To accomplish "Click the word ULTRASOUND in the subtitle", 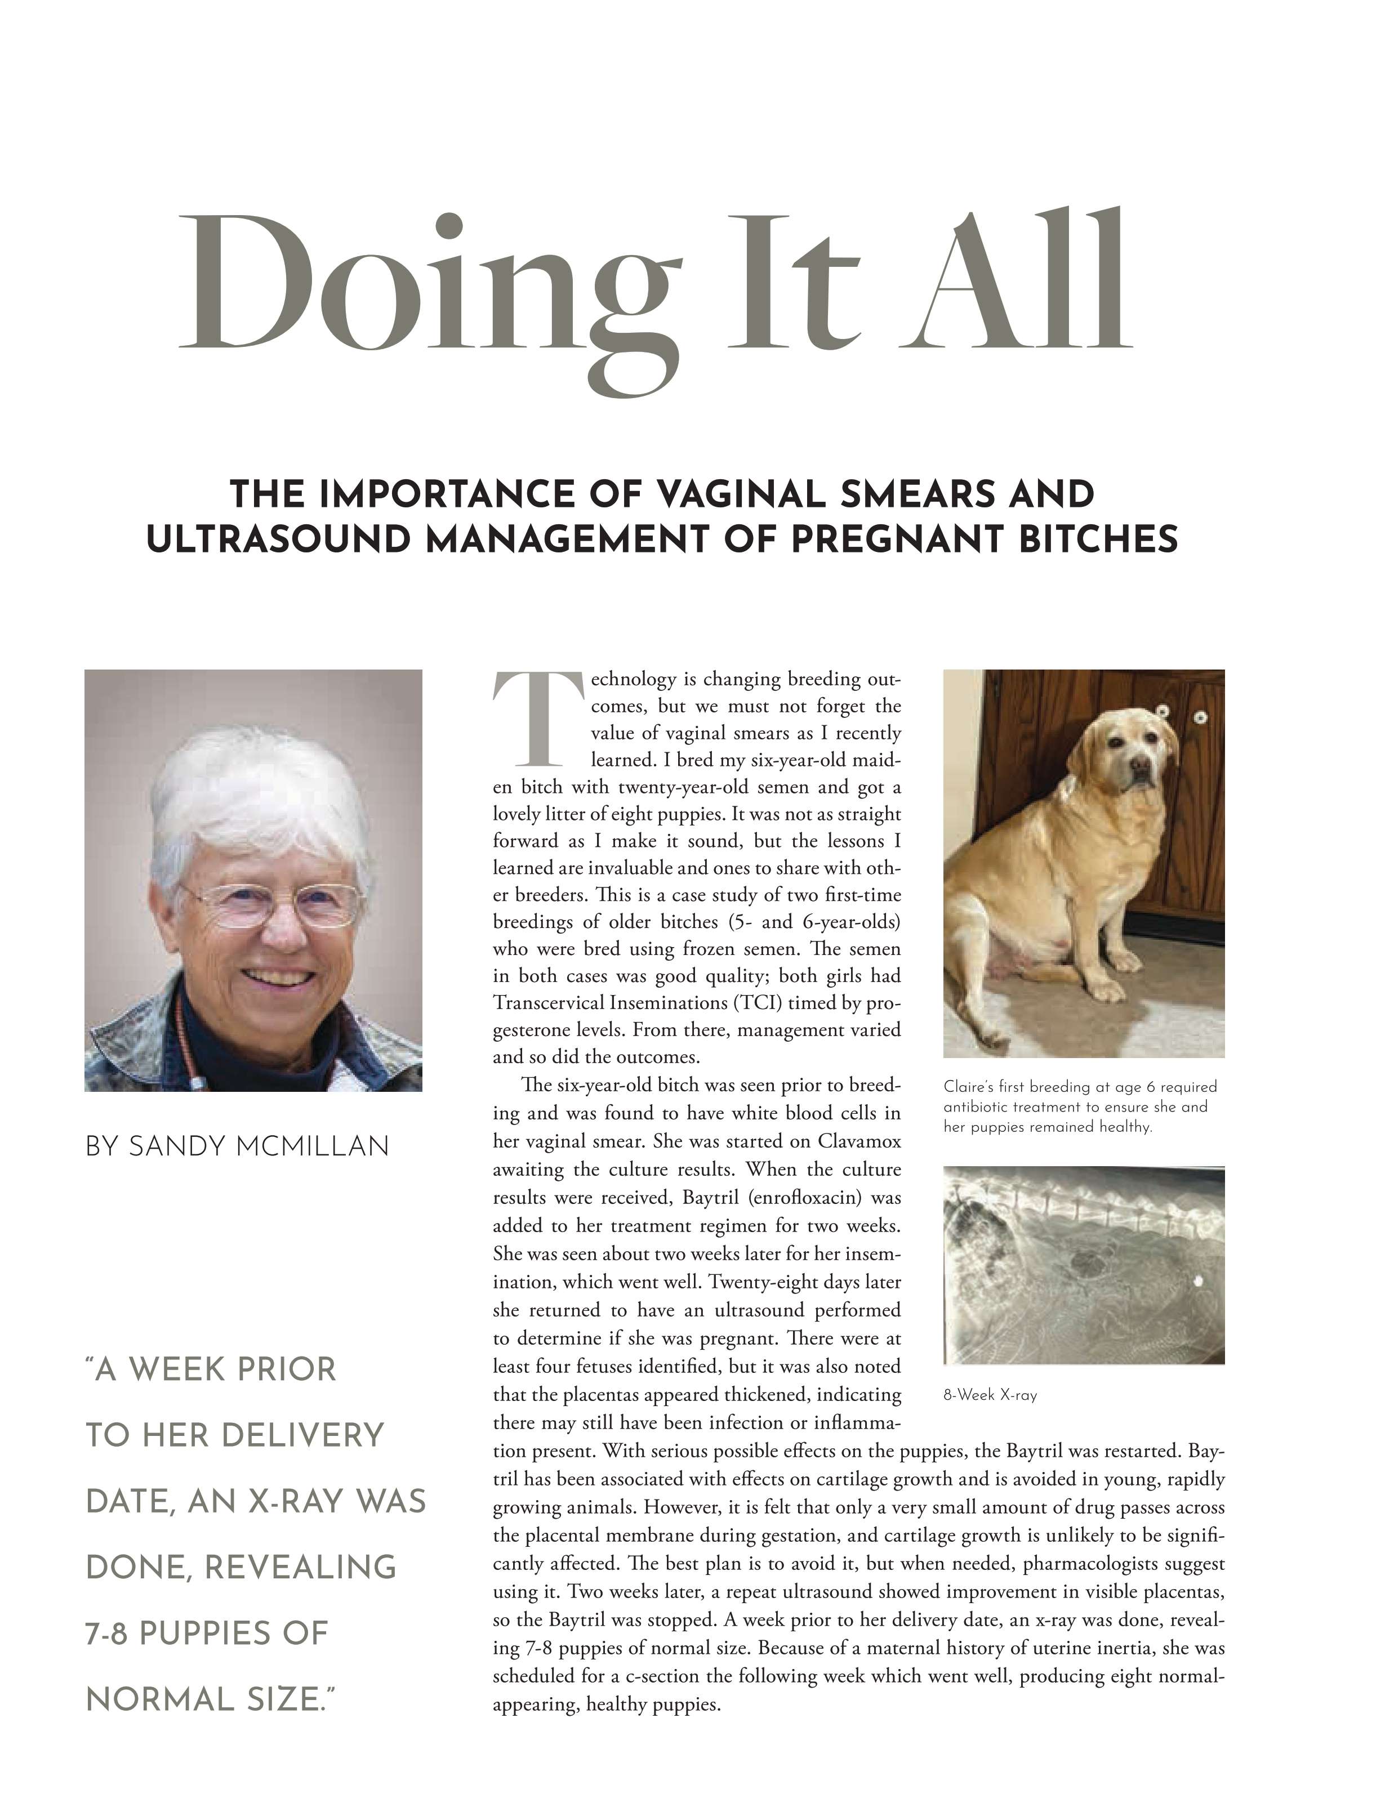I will pyautogui.click(x=279, y=539).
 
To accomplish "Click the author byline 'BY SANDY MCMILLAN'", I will pyautogui.click(x=237, y=1146).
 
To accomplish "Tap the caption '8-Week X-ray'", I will pyautogui.click(x=990, y=1395).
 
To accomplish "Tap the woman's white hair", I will pyautogui.click(x=257, y=788).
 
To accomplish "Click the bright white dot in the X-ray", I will pyautogui.click(x=1198, y=1281).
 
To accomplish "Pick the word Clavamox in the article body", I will pyautogui.click(x=859, y=1141).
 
